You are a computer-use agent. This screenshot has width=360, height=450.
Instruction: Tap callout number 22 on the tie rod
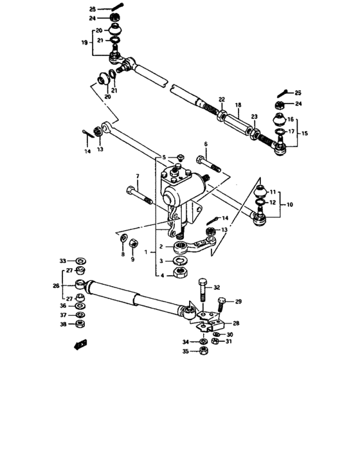point(221,99)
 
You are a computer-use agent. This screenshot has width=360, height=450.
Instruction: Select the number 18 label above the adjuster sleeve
point(238,104)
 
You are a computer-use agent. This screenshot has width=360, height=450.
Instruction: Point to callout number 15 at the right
point(304,132)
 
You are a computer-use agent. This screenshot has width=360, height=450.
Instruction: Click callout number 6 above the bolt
point(206,144)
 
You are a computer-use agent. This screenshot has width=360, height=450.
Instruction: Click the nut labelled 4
point(181,275)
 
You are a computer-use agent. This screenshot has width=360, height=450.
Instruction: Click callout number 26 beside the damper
point(56,286)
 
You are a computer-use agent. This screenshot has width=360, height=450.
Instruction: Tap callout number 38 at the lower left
point(63,325)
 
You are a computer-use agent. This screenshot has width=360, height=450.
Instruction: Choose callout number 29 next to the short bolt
point(238,301)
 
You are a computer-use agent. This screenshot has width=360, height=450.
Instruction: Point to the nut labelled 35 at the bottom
point(203,351)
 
